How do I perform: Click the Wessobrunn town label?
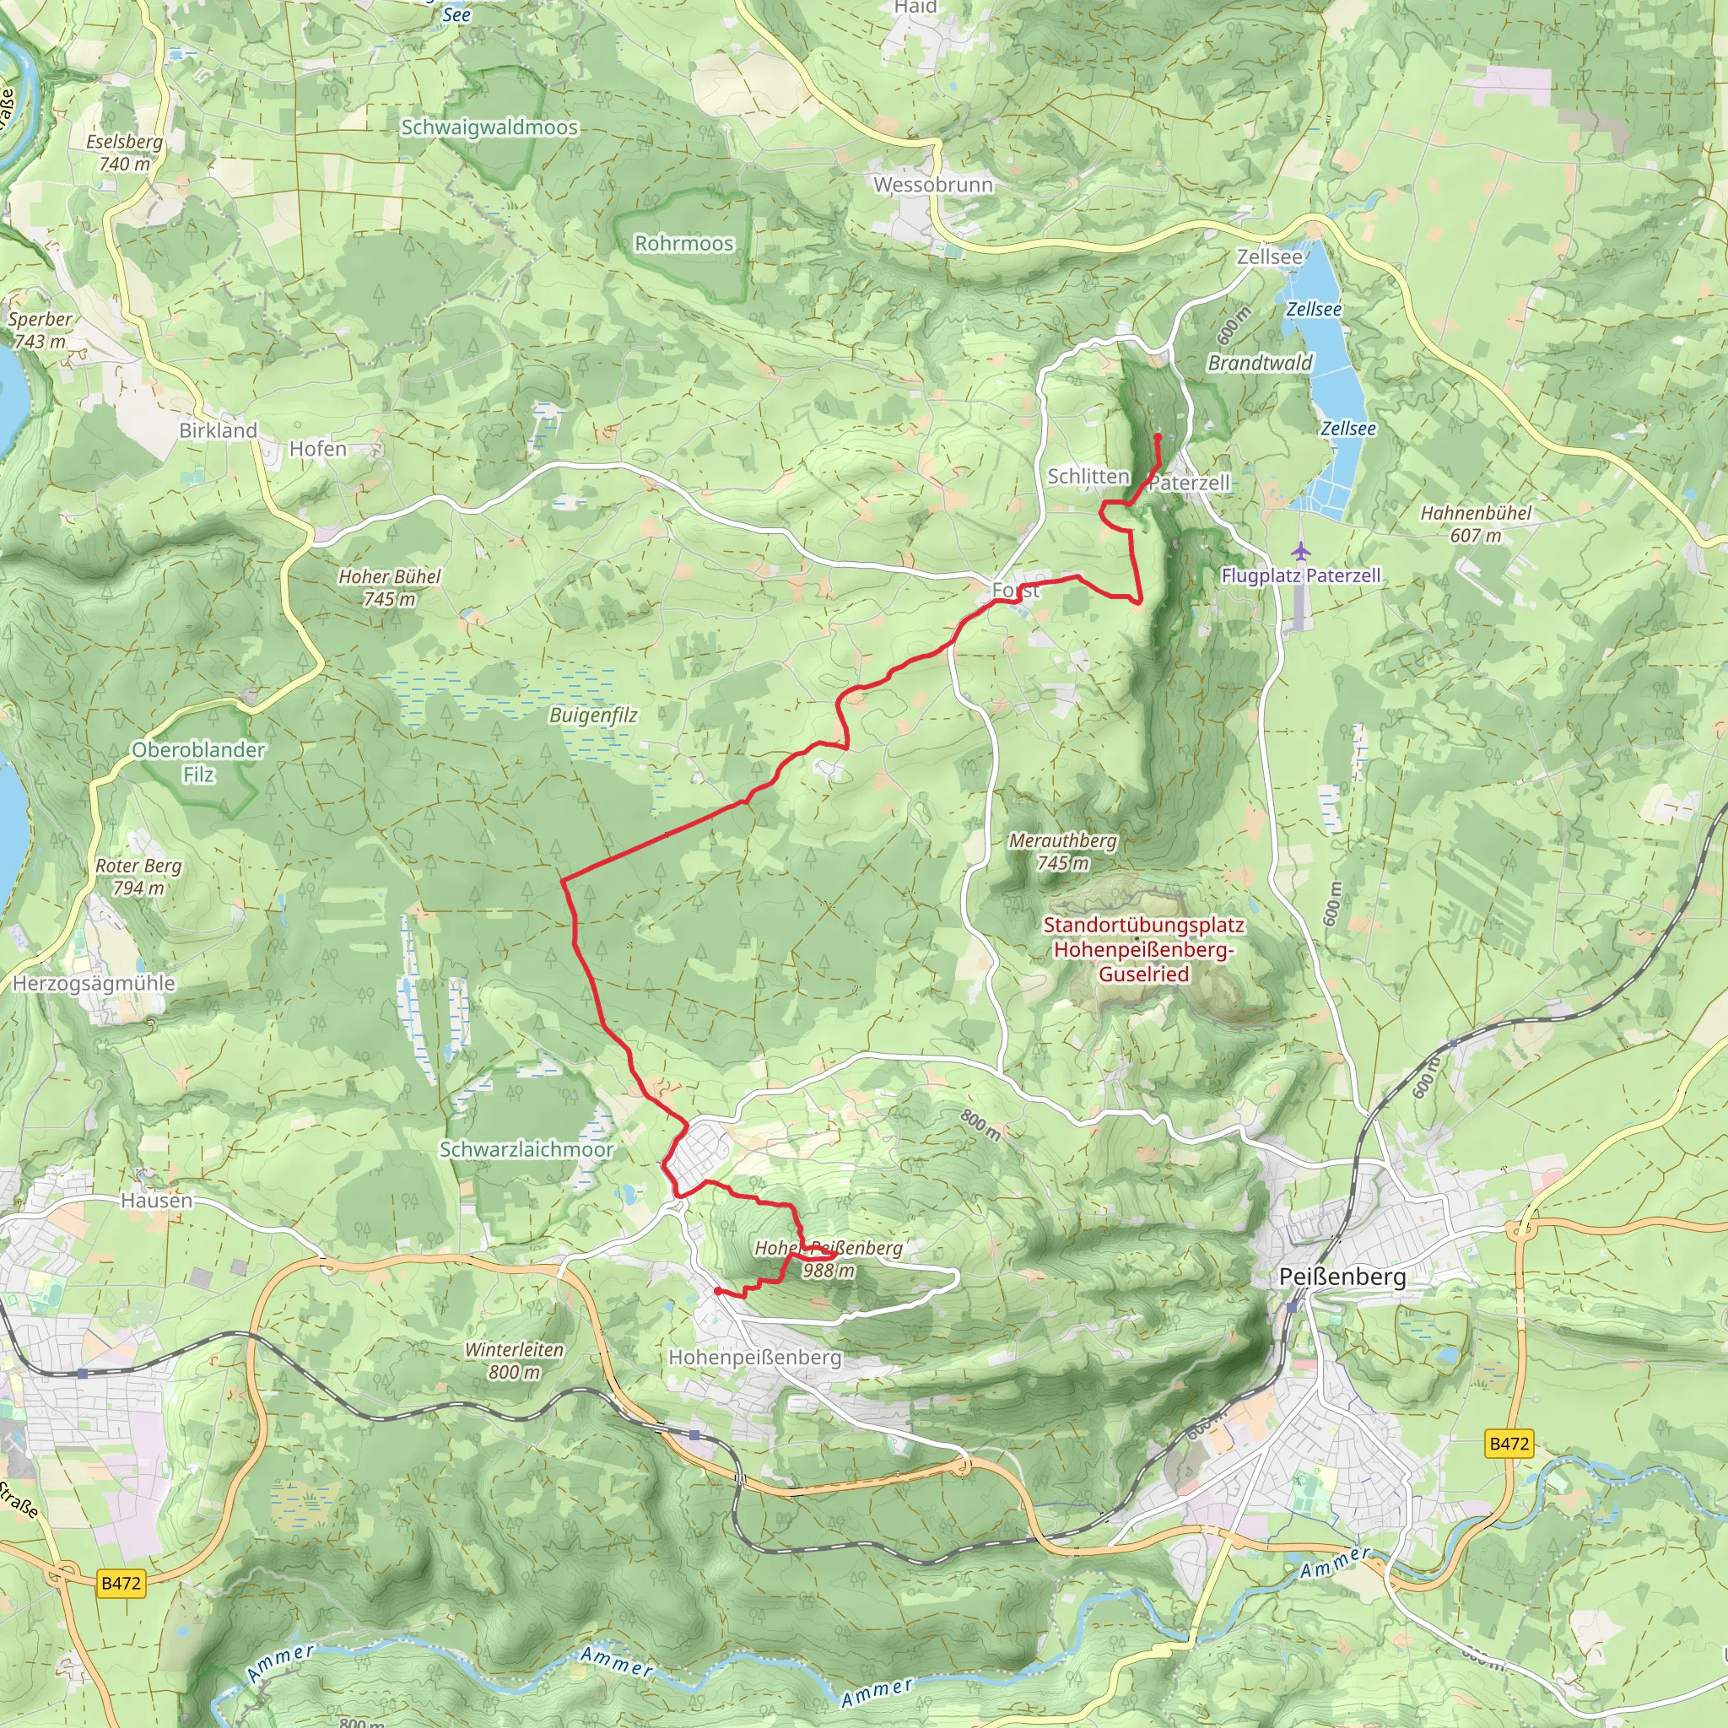pyautogui.click(x=933, y=185)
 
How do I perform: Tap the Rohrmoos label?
pyautogui.click(x=683, y=243)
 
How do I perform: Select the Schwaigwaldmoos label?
pyautogui.click(x=489, y=128)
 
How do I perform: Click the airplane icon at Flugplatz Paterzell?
pyautogui.click(x=1300, y=550)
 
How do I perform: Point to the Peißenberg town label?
pyautogui.click(x=1342, y=1277)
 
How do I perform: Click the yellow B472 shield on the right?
pyautogui.click(x=1509, y=1444)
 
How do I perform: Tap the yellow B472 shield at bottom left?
pyautogui.click(x=121, y=1583)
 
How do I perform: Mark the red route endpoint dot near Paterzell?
pyautogui.click(x=1158, y=437)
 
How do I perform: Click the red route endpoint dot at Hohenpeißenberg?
pyautogui.click(x=718, y=1292)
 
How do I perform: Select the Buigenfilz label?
pyautogui.click(x=593, y=715)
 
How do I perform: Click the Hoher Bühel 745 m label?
pyautogui.click(x=389, y=587)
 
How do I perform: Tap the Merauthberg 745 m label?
pyautogui.click(x=1062, y=851)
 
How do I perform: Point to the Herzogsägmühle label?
pyautogui.click(x=94, y=983)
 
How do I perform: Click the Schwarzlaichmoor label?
pyautogui.click(x=526, y=1149)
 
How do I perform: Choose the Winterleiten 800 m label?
pyautogui.click(x=515, y=1360)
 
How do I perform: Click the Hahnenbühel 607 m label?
pyautogui.click(x=1476, y=524)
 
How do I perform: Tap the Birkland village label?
pyautogui.click(x=219, y=430)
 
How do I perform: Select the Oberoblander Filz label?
pyautogui.click(x=198, y=762)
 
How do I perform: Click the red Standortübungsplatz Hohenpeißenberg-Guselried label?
pyautogui.click(x=1143, y=949)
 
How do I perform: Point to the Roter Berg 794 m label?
pyautogui.click(x=138, y=877)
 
